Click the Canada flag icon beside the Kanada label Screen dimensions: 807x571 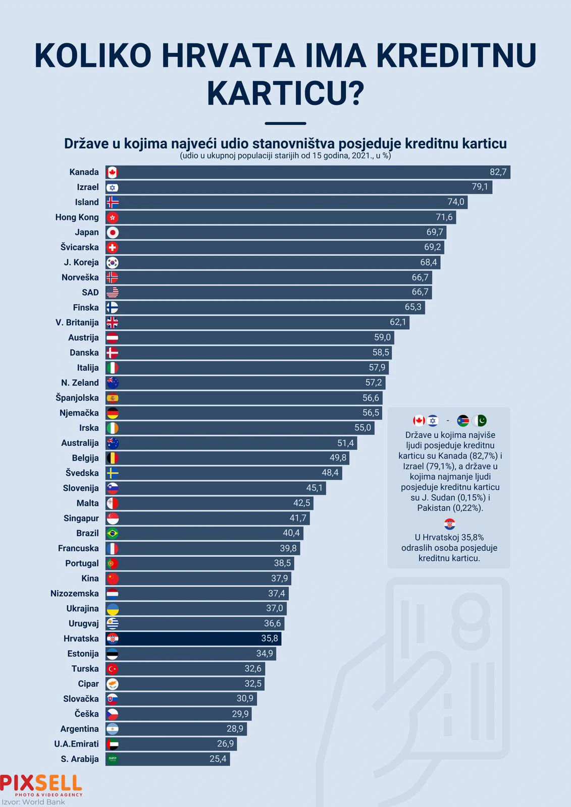112,172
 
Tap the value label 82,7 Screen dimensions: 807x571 498,172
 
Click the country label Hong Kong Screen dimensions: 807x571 77,217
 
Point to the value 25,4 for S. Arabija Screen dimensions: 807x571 218,759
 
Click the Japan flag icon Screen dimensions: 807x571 112,233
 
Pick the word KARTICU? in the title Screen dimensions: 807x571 285,92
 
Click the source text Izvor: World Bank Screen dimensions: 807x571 33,802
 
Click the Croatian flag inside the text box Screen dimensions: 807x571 449,524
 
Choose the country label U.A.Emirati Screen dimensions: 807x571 76,744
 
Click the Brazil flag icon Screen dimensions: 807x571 112,533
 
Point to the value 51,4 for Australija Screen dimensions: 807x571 345,443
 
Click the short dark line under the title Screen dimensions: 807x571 285,123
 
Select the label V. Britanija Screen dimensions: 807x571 77,323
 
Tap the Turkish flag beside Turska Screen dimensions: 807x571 112,669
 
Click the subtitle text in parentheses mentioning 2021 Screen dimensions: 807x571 285,156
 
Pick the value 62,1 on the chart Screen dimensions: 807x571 398,322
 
